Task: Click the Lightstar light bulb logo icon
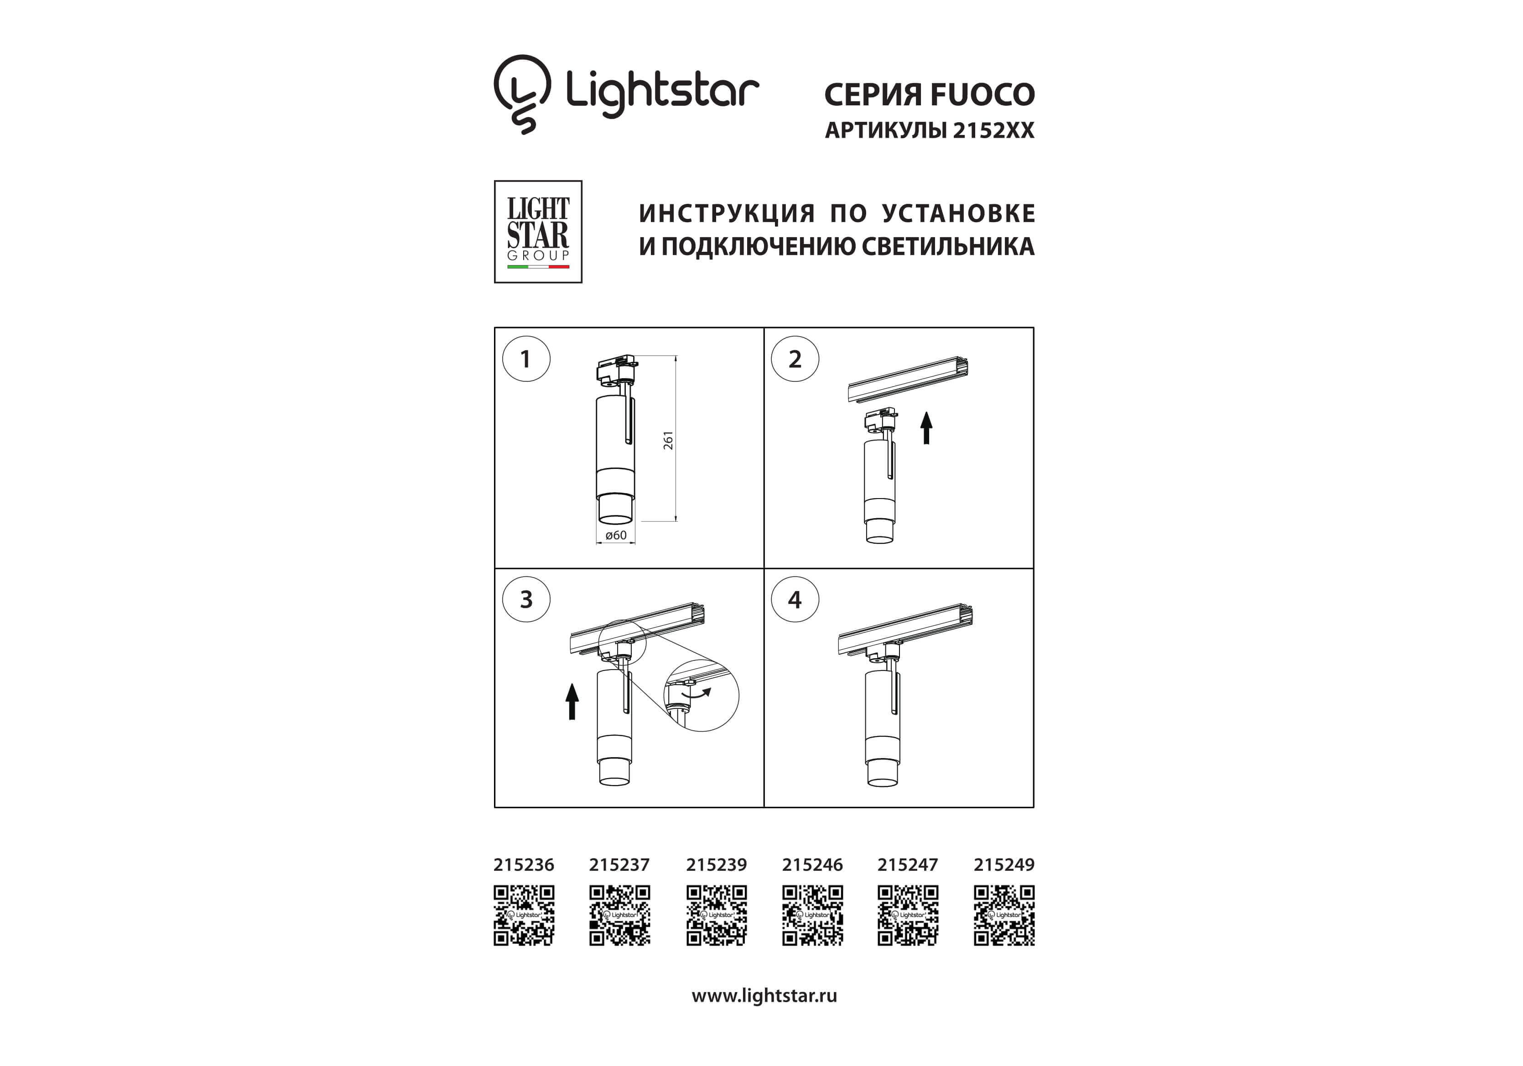point(522,94)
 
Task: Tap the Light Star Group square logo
point(538,232)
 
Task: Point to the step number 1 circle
point(526,359)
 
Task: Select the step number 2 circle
point(795,359)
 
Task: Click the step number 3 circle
point(526,599)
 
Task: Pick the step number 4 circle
point(795,599)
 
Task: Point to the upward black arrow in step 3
point(572,702)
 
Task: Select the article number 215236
point(523,865)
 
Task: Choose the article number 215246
point(812,865)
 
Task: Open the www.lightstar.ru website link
point(764,996)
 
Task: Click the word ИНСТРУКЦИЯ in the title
point(727,213)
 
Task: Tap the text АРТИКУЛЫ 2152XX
point(929,130)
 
